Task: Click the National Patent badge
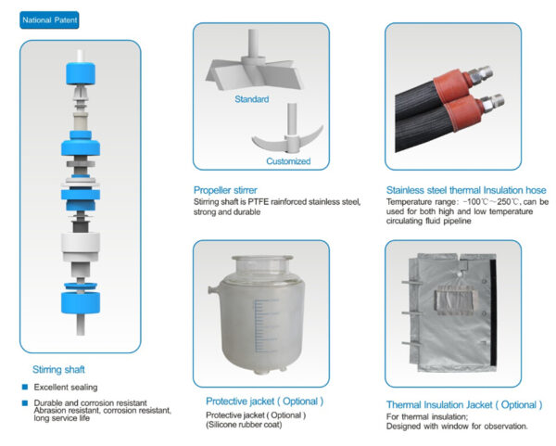pyautogui.click(x=49, y=20)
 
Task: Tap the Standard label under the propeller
pyautogui.click(x=252, y=99)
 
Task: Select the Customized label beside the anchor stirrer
pyautogui.click(x=288, y=161)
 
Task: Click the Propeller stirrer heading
pyautogui.click(x=225, y=190)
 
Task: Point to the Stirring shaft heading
pyautogui.click(x=58, y=370)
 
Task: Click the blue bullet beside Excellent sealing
pyautogui.click(x=25, y=387)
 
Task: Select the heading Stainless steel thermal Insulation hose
pyautogui.click(x=466, y=190)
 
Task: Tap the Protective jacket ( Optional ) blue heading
pyautogui.click(x=264, y=401)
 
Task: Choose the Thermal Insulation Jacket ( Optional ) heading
pyautogui.click(x=464, y=405)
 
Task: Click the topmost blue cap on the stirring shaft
pyautogui.click(x=81, y=73)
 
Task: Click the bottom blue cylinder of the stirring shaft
pyautogui.click(x=81, y=302)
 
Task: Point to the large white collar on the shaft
pyautogui.click(x=81, y=247)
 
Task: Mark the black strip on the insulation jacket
pyautogui.click(x=493, y=312)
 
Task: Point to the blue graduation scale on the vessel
pyautogui.click(x=265, y=325)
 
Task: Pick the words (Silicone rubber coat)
pyautogui.click(x=244, y=425)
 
